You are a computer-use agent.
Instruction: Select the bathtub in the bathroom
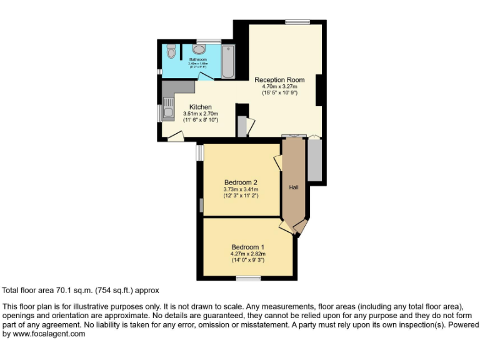(228, 61)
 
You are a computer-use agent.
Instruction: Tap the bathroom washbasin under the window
(200, 49)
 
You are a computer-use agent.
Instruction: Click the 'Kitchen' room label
(200, 107)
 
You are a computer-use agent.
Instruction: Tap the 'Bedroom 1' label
(248, 247)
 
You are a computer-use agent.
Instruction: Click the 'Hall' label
(293, 187)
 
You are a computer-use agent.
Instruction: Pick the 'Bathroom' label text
(198, 59)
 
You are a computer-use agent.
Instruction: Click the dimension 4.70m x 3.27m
(279, 86)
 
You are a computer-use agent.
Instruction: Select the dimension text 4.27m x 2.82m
(248, 254)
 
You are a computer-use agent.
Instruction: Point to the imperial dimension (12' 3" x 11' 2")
(241, 196)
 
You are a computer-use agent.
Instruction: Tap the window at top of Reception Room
(294, 22)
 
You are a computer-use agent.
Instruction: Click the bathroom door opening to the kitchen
(206, 76)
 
